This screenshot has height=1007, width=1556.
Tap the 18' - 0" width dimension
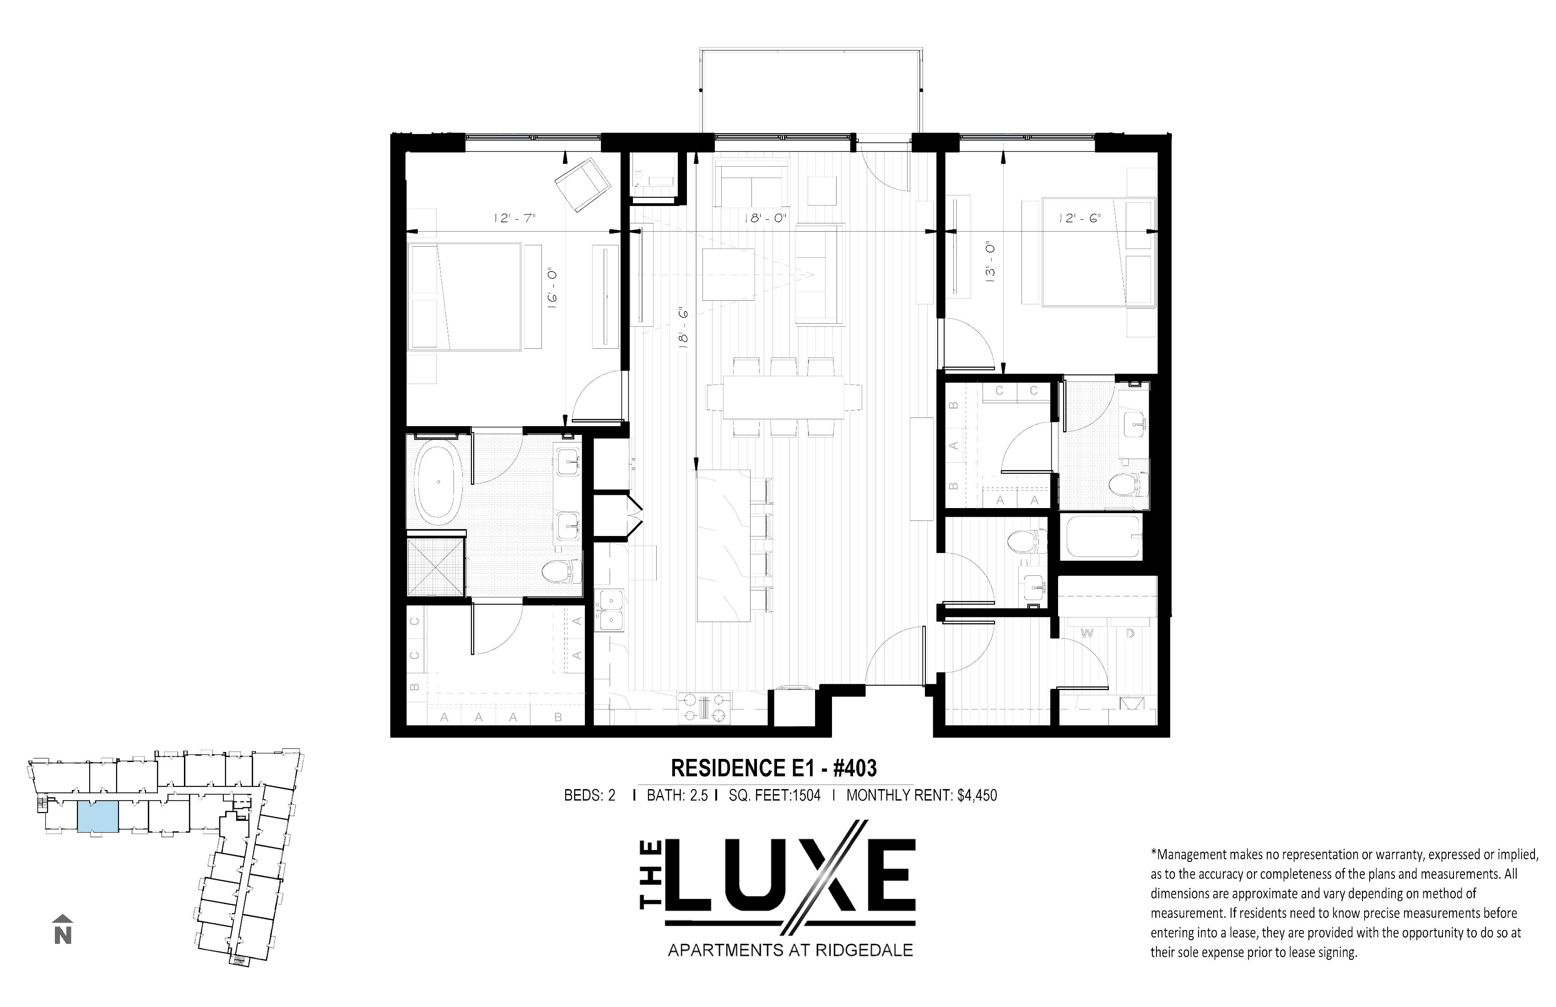click(x=764, y=218)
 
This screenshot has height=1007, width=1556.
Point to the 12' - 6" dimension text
click(x=1080, y=218)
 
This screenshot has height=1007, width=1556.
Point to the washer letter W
click(x=1087, y=633)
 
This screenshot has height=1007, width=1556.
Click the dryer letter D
click(x=1130, y=633)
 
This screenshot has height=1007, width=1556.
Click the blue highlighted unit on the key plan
click(x=98, y=818)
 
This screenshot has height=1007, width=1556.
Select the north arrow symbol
click(x=63, y=929)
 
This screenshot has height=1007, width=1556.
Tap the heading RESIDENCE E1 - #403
click(x=774, y=768)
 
